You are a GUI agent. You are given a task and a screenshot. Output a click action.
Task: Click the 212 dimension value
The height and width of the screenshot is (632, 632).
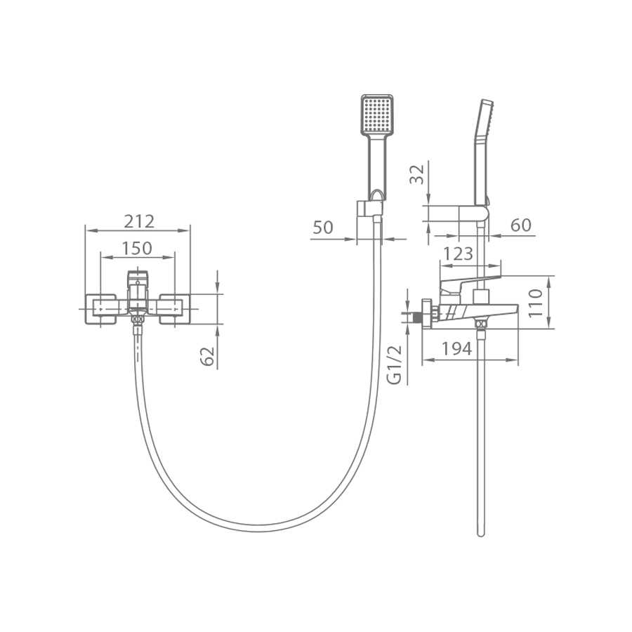(x=139, y=221)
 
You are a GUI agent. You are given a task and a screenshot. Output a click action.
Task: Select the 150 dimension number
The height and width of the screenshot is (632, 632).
(x=137, y=249)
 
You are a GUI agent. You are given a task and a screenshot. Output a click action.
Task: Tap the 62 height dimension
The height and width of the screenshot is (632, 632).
(x=207, y=355)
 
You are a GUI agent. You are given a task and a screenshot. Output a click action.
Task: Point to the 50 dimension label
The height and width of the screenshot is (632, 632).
(x=323, y=228)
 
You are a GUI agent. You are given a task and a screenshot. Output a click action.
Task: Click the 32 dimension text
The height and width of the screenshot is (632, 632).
(x=417, y=174)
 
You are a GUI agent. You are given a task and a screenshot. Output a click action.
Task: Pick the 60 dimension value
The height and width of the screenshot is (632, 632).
(x=521, y=225)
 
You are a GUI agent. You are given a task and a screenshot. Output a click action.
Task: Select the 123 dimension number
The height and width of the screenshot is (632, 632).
(x=458, y=254)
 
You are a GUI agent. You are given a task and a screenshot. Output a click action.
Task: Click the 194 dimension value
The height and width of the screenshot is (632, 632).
(x=456, y=348)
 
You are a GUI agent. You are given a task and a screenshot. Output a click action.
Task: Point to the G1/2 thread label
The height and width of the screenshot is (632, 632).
(x=395, y=364)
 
